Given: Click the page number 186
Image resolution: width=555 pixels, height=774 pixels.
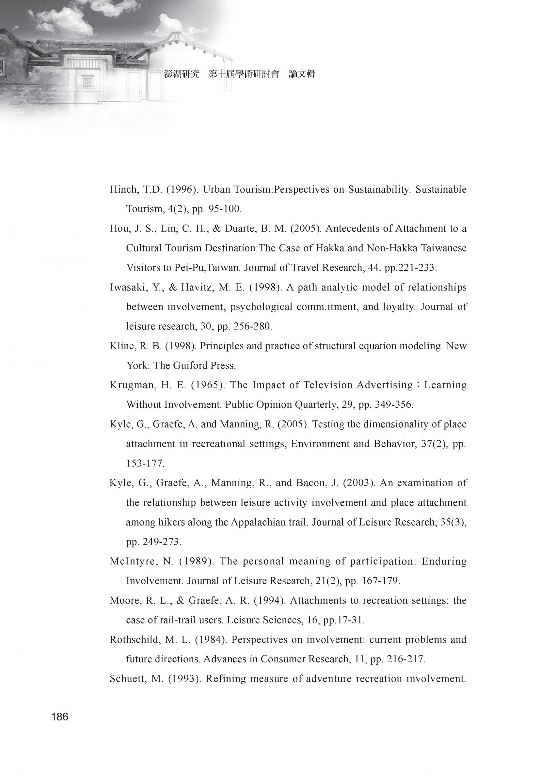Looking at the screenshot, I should point(60,717).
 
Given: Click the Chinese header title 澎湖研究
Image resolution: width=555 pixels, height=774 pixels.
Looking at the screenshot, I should point(182,74).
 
